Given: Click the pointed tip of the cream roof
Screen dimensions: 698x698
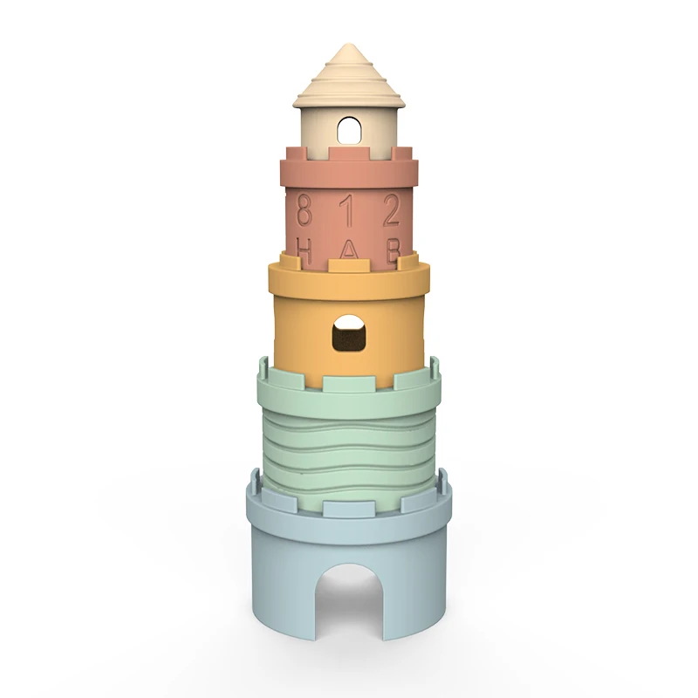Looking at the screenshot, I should click(348, 46).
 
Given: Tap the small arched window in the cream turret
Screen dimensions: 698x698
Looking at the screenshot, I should click(349, 131).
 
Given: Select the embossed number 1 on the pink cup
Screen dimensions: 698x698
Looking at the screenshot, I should click(347, 210).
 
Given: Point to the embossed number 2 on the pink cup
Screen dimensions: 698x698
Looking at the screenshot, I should click(393, 210).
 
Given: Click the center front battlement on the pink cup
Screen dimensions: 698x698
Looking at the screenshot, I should click(349, 154).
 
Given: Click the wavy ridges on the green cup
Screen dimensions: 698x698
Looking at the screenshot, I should click(349, 436).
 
